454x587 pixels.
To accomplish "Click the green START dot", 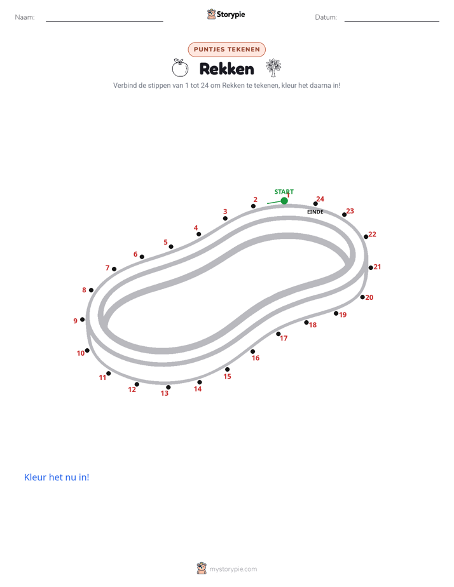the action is click(x=284, y=201).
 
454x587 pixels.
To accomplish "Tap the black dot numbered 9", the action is click(x=83, y=320).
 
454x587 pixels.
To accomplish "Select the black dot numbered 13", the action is click(x=169, y=388).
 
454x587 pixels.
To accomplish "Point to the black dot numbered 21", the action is click(x=371, y=267).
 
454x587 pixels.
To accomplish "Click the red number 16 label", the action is click(x=256, y=358).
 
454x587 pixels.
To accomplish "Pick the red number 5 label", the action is click(x=165, y=242).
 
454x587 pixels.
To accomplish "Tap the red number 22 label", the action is click(x=373, y=234).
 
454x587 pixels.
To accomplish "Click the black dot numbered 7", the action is click(x=114, y=269).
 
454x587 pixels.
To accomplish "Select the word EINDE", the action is click(x=315, y=212).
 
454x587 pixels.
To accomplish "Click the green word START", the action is click(x=284, y=192).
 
